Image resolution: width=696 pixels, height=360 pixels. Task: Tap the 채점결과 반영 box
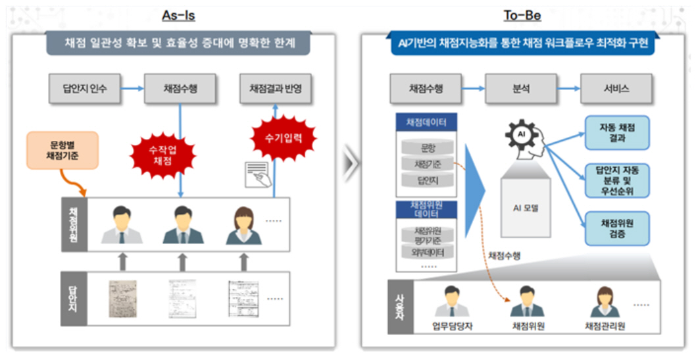(275, 89)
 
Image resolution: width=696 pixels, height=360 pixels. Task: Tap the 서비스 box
(616, 89)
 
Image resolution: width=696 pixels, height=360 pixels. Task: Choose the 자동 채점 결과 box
(616, 132)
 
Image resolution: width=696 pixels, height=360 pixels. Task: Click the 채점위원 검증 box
(616, 228)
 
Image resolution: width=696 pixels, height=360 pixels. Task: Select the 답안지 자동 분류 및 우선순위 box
(616, 180)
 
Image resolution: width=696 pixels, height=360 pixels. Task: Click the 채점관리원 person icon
(605, 302)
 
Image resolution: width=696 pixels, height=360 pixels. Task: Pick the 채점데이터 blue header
(426, 122)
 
